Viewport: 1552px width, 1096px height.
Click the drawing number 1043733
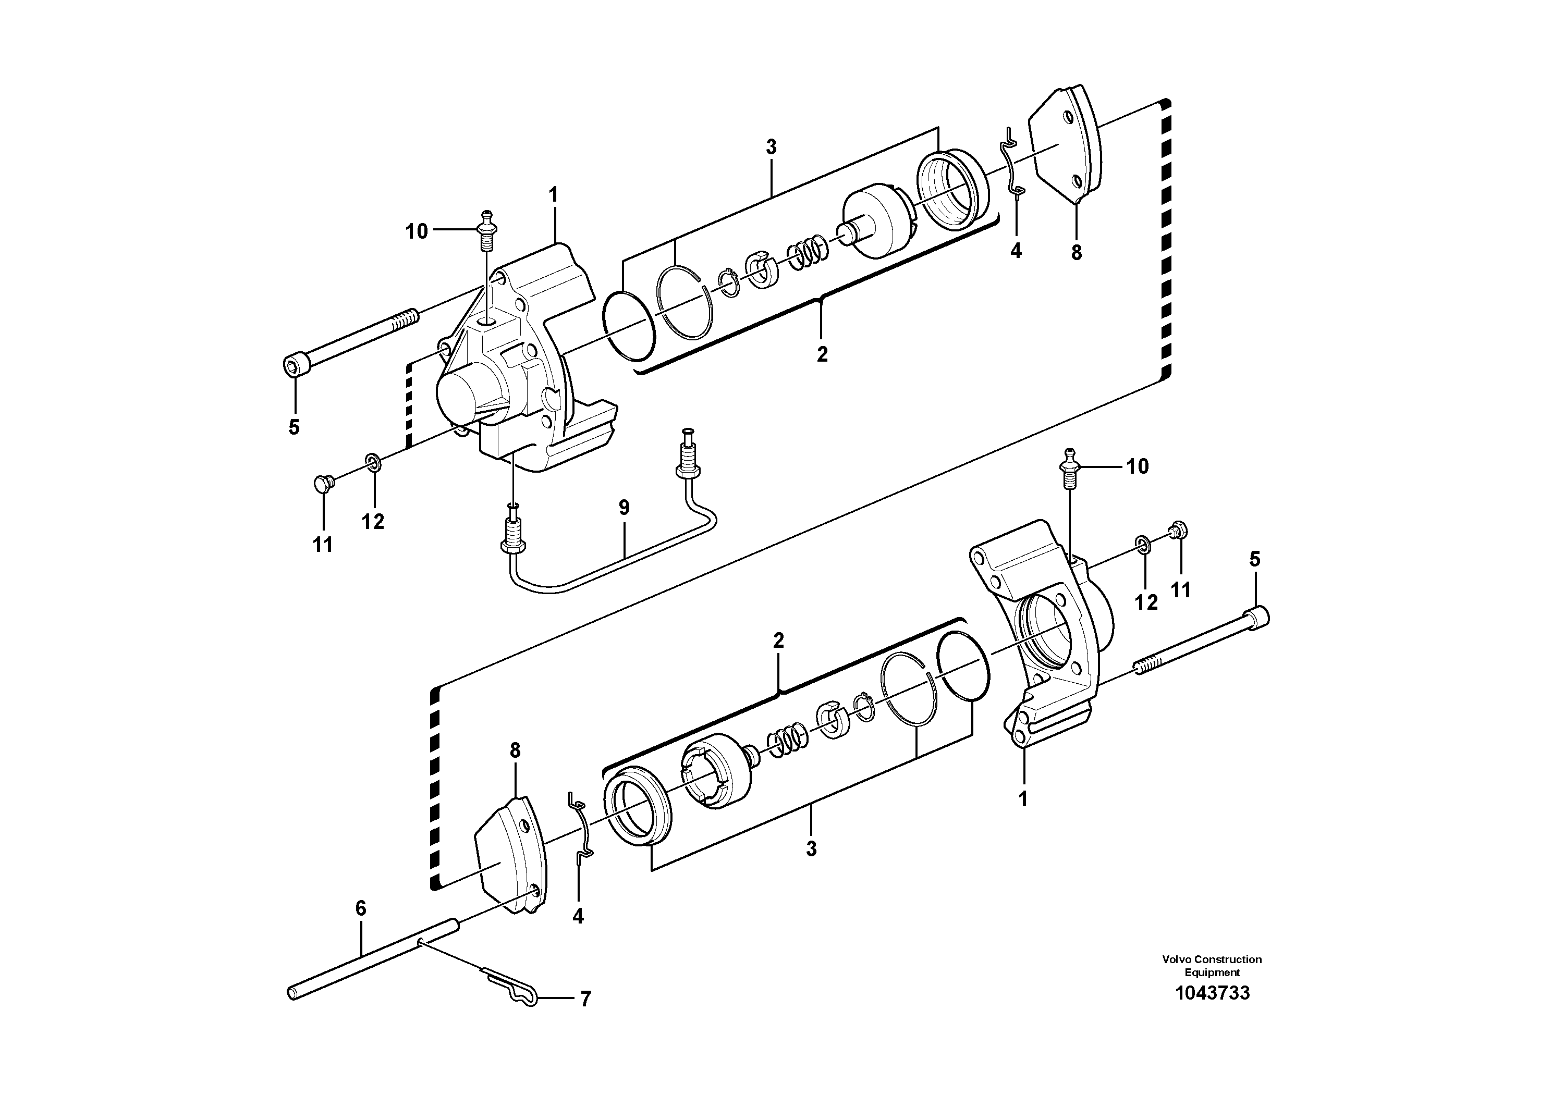pos(1212,993)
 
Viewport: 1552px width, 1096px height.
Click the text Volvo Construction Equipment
pos(1212,966)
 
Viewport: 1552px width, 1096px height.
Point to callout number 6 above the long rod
pos(360,908)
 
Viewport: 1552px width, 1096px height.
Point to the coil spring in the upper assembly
pos(807,252)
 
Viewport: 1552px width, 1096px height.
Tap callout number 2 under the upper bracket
pos(822,353)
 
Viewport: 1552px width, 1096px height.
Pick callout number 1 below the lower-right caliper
pos(1023,799)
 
